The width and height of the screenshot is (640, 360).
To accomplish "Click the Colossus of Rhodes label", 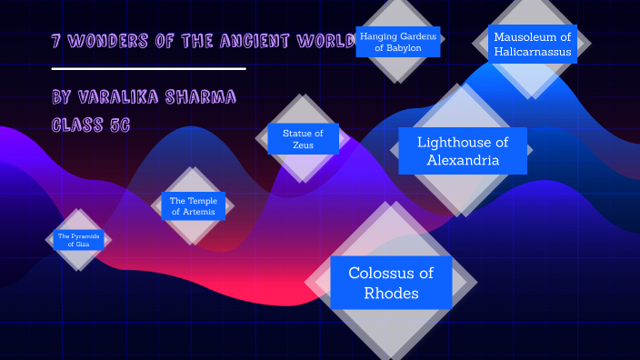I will coord(391,283).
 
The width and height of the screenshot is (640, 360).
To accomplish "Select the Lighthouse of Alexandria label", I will coord(462,151).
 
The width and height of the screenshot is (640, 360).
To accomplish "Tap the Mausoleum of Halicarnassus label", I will coord(533,45).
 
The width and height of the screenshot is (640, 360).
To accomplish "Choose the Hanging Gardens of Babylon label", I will coord(398,42).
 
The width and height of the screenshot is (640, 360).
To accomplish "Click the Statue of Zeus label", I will coord(303,139).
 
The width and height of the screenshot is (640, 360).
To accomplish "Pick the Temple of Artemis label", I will coord(192,206).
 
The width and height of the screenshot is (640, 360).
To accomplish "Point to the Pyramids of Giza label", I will coord(79,240).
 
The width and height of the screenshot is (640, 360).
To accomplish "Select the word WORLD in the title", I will coord(324,42).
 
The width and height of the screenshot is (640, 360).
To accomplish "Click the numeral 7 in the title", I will coord(56,42).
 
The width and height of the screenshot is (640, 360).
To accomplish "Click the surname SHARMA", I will coord(205,97).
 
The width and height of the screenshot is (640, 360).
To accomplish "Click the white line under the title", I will coord(149,68).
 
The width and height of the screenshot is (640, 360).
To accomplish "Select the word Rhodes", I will coord(391,293).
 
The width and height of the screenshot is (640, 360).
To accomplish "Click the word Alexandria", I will coord(462,161).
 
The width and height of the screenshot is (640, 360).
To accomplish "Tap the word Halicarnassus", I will coord(533,53).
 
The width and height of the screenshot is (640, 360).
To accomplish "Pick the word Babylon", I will coord(398,48).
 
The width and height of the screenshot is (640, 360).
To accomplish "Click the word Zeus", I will coord(303,145).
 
